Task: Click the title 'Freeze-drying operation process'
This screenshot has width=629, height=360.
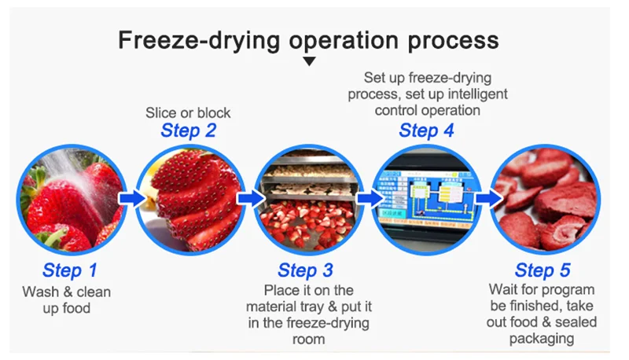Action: click(308, 40)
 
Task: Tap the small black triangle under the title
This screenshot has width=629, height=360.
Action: click(309, 61)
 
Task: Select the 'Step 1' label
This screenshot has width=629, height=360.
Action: click(70, 271)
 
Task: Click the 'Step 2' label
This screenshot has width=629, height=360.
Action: click(188, 130)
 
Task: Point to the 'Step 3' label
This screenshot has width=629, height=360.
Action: click(306, 271)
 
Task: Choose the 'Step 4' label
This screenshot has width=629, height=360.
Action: click(426, 130)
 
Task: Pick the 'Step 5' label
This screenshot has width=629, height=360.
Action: click(543, 271)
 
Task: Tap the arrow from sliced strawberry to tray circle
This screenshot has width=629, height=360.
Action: click(250, 197)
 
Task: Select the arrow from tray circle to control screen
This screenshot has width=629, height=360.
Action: click(368, 197)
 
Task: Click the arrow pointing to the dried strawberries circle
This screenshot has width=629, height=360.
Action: click(487, 197)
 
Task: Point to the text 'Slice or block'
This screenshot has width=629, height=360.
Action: click(188, 112)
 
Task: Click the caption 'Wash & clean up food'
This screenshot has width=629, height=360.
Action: click(67, 300)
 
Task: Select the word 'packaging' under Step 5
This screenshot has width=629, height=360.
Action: click(543, 339)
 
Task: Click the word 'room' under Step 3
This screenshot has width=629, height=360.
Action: click(306, 340)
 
